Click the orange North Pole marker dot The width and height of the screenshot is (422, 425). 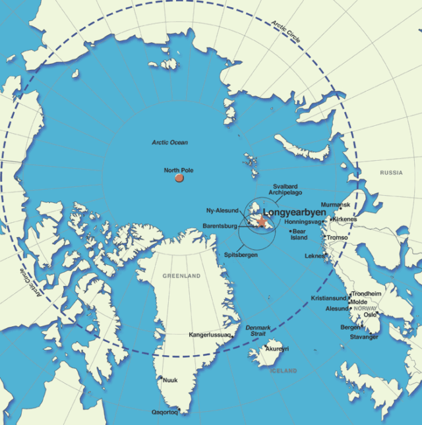[x=179, y=178]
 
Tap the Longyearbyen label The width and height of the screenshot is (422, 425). [x=295, y=213]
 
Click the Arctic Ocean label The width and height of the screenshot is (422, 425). [x=169, y=142]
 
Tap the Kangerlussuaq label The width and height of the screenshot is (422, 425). [x=210, y=335]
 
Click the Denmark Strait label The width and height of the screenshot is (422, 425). [x=258, y=331]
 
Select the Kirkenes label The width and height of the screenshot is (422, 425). [x=345, y=219]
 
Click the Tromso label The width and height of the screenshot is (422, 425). [x=337, y=237]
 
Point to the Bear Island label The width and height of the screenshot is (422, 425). [x=299, y=235]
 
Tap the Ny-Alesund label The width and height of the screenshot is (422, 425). [x=221, y=211]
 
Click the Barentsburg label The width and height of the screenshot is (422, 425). [x=220, y=226]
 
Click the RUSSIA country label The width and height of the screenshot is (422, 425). [x=391, y=173]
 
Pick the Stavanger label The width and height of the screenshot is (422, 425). [x=364, y=337]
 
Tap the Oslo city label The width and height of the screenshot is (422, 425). [x=370, y=314]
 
